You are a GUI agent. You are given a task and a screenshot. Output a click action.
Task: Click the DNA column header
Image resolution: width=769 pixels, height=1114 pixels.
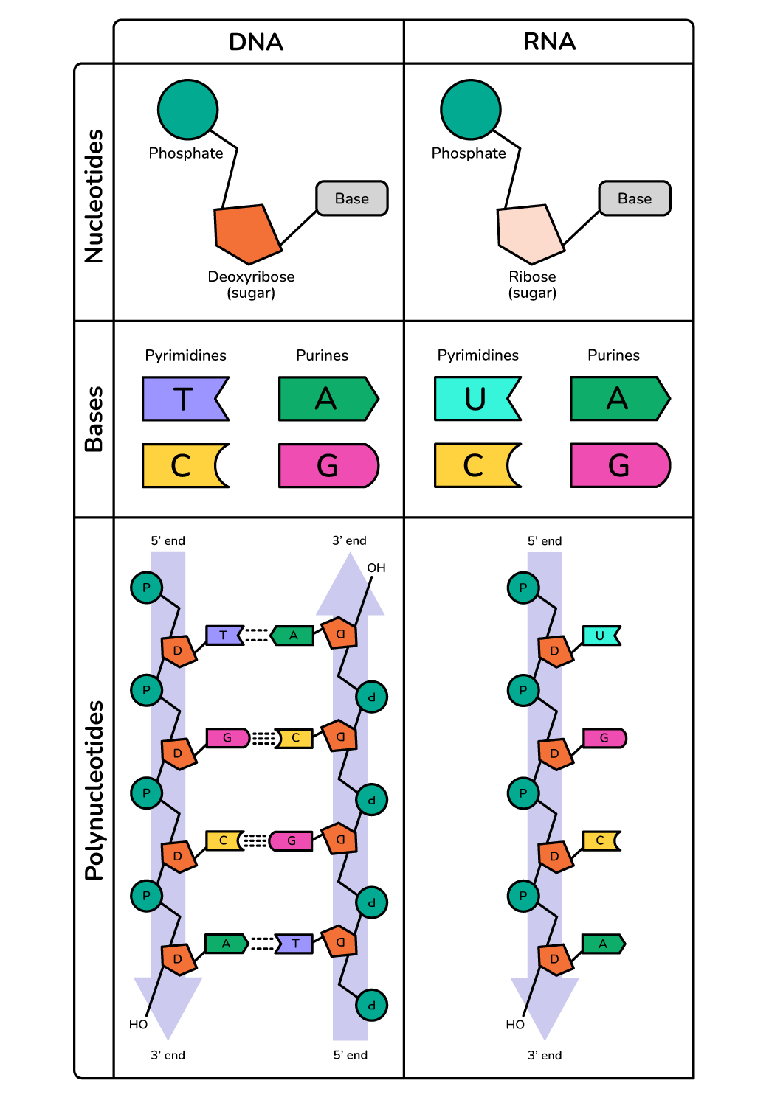point(256,42)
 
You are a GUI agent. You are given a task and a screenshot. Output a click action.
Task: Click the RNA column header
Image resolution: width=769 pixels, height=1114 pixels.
point(549,42)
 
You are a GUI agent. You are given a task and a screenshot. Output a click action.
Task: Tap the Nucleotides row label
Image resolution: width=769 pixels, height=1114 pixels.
point(94,196)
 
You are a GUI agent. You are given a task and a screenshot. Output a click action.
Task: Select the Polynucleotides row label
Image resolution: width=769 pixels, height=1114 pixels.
point(94,790)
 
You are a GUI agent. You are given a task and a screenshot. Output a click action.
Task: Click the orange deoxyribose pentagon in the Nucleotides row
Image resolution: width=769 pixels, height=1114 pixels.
point(246,233)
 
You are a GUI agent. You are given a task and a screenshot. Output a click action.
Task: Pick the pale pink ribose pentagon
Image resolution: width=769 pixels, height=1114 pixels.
point(529,233)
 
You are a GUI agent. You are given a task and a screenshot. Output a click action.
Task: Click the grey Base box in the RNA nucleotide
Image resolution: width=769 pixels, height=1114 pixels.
point(635,198)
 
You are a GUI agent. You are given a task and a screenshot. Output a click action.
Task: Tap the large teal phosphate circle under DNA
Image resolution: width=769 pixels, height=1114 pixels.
point(187,110)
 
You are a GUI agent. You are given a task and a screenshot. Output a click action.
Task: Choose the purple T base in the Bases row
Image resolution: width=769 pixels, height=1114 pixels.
point(183,399)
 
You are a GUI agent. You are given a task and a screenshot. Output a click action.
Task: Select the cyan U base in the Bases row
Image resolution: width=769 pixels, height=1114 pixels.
point(475,399)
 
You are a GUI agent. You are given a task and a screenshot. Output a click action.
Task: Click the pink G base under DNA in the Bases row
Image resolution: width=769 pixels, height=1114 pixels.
point(328,466)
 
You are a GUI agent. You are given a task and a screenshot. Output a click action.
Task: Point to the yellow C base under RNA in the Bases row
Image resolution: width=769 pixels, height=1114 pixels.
point(474,466)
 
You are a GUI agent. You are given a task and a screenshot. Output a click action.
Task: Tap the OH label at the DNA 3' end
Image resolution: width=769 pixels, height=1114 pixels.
point(376,568)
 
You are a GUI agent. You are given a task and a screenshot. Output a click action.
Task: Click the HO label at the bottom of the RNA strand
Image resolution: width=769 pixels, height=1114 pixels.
point(515,1024)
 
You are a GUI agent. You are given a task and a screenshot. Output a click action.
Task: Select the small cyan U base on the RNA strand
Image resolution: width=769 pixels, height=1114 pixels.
point(601,636)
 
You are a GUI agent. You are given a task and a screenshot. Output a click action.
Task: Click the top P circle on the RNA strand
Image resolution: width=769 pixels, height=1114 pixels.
point(523,588)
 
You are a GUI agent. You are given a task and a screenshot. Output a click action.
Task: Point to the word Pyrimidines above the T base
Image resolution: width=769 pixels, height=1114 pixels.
point(186,355)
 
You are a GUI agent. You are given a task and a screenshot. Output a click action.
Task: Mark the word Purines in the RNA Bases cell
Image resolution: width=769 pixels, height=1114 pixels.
point(613,355)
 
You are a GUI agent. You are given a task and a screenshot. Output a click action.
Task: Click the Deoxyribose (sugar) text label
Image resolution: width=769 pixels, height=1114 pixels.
point(251,285)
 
